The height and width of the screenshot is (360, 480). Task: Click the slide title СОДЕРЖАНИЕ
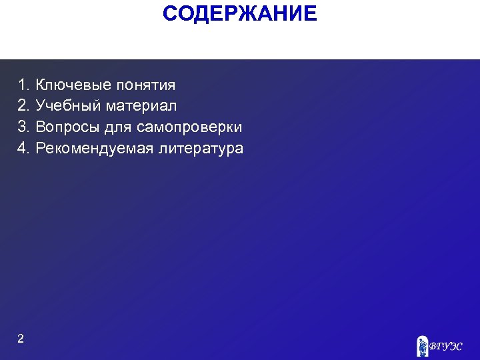click(240, 13)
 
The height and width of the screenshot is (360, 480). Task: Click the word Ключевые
click(73, 85)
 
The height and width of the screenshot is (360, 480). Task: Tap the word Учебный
click(69, 106)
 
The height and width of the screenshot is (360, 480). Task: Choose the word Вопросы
click(67, 127)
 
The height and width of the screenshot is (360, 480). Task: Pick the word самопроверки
click(189, 127)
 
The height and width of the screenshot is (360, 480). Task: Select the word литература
click(201, 148)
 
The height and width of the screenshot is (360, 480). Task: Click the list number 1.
click(23, 85)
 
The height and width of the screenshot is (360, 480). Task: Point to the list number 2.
click(23, 106)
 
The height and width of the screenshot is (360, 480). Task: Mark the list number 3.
click(23, 127)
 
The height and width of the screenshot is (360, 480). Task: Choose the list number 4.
click(23, 148)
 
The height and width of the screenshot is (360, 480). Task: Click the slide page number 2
click(21, 339)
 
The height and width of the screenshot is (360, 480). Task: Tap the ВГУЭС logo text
click(445, 346)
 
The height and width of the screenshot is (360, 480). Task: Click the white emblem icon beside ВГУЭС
click(421, 345)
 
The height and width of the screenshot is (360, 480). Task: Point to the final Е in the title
click(311, 13)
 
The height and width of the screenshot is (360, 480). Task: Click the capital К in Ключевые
click(41, 85)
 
